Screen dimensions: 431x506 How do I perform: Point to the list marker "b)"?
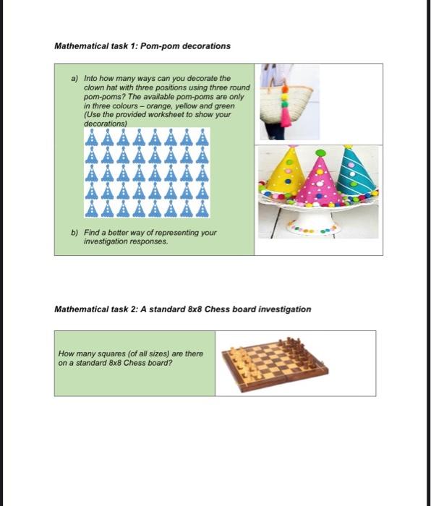(74, 233)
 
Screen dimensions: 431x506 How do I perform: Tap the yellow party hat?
(285, 173)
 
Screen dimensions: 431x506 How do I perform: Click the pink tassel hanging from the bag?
(286, 116)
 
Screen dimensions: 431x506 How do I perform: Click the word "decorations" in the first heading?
(205, 46)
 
